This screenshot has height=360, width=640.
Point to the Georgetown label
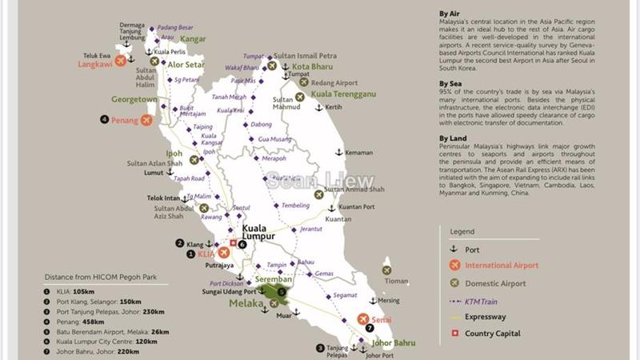pos(134,99)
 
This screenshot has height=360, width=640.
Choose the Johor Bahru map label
pos(394,344)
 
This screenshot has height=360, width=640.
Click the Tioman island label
pos(396,281)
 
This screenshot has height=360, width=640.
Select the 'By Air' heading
pos(450,14)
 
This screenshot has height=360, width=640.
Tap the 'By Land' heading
pos(451,138)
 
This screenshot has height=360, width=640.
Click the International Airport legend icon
pos(454,265)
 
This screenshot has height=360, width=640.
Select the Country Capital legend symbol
pos(454,334)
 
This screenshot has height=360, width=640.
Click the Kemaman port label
pos(360,152)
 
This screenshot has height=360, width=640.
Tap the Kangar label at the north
pos(192,38)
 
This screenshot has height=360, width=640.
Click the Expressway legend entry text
pos(486,317)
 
